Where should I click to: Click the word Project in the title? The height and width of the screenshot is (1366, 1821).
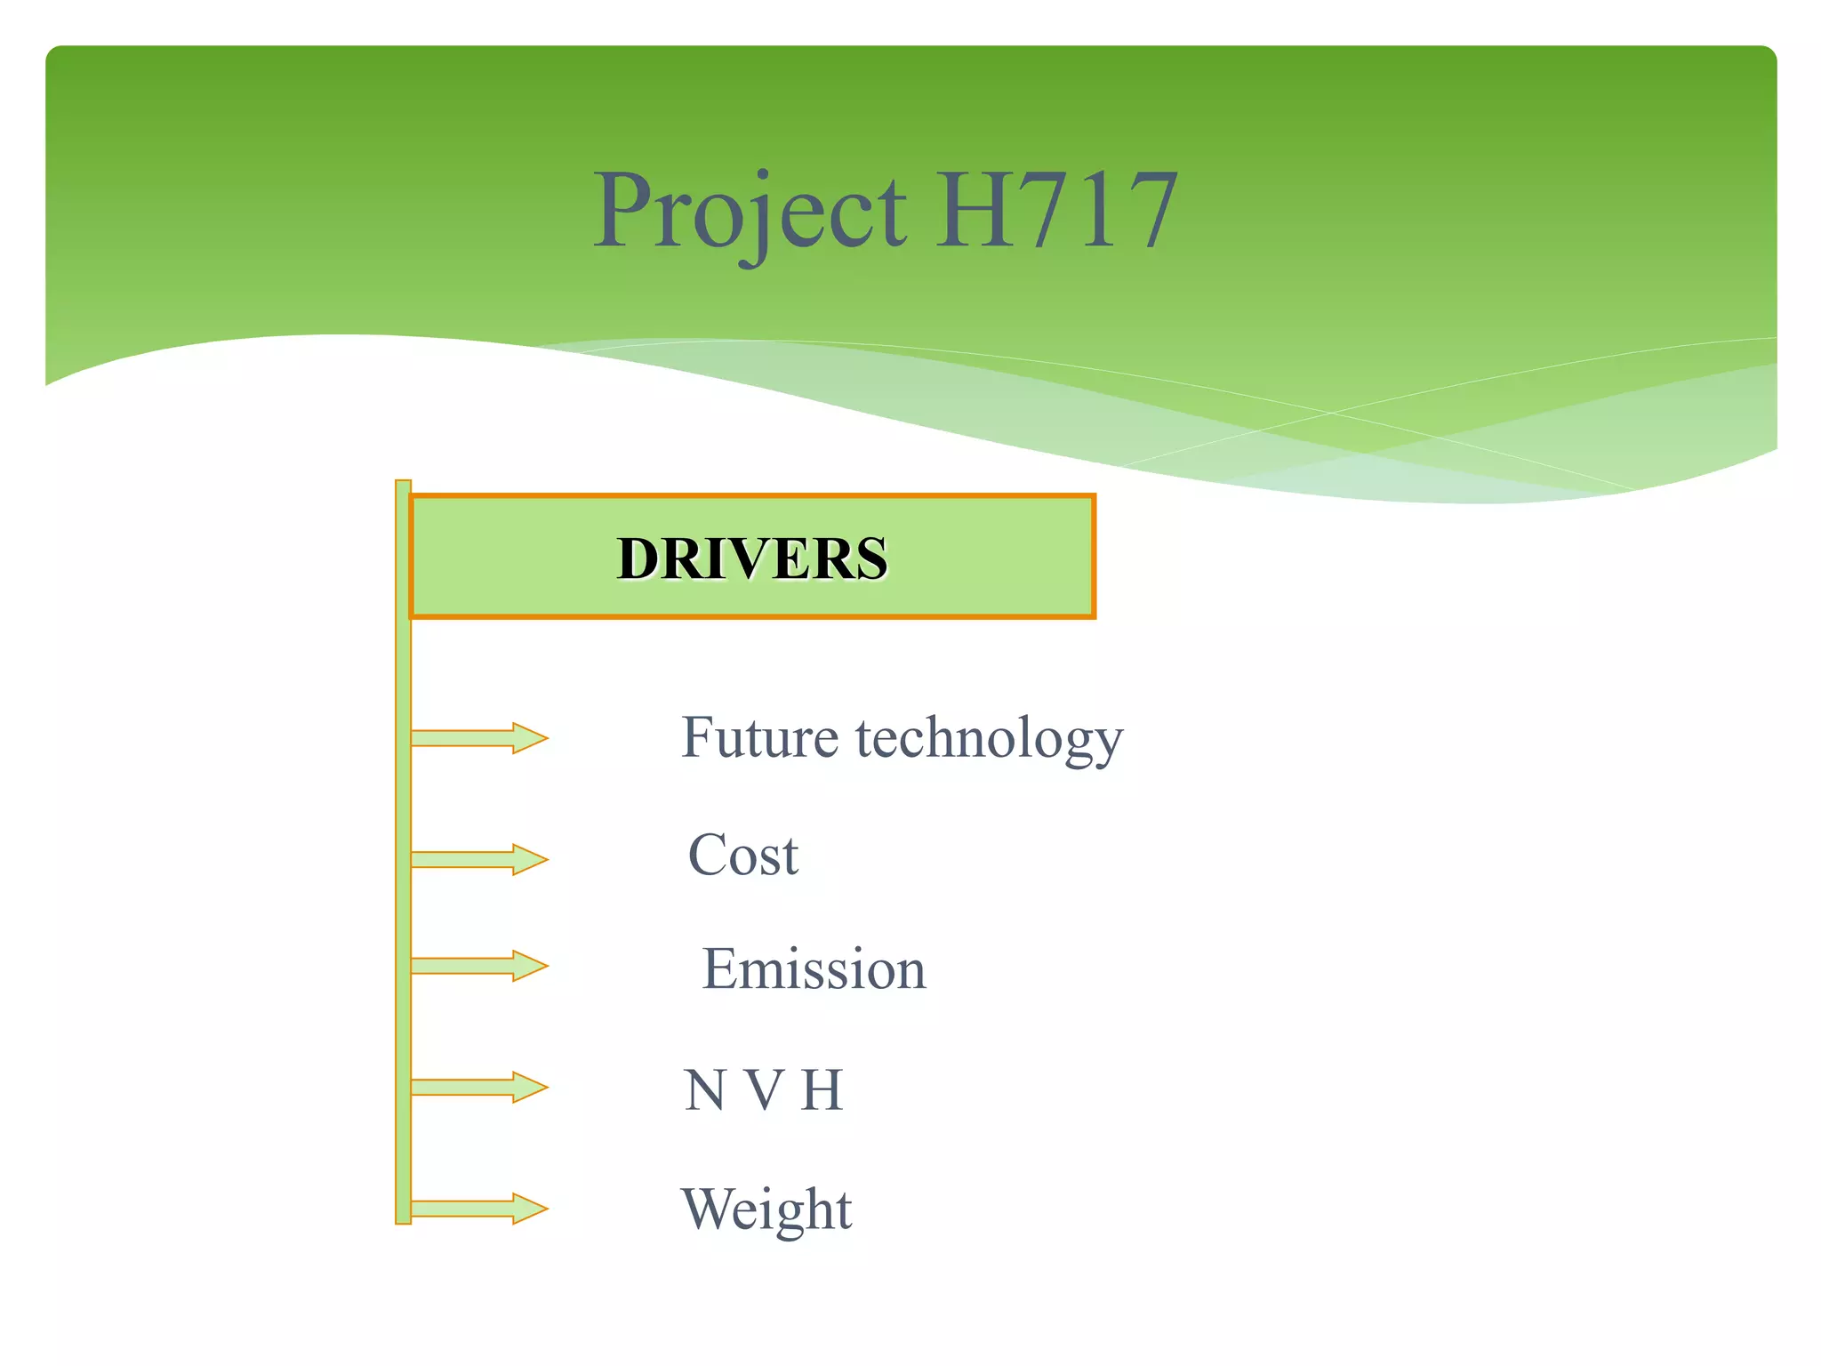750,212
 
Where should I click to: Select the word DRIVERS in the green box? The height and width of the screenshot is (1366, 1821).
752,558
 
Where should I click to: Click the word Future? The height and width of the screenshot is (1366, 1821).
760,737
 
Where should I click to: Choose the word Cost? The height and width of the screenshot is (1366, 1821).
743,856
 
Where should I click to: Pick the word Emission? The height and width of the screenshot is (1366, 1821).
814,968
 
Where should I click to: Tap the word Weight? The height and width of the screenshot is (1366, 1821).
766,1209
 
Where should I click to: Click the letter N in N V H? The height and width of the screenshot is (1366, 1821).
704,1090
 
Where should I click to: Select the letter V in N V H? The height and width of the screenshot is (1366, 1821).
763,1090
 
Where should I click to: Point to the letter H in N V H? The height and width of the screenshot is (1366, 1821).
821,1090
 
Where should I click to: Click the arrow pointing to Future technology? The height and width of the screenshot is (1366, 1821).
479,738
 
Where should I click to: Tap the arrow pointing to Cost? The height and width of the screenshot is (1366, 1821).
479,859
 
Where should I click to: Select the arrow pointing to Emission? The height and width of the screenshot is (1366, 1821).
479,966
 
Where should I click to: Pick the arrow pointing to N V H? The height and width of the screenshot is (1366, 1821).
479,1087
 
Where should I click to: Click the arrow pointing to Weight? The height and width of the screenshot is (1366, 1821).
479,1209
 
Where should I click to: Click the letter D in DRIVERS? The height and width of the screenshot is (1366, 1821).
638,558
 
